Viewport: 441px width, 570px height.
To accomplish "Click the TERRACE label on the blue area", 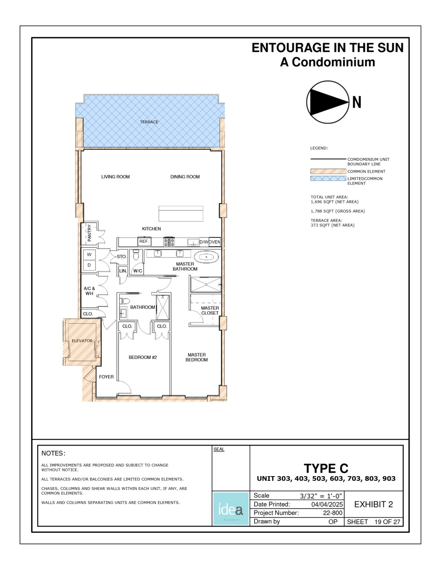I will (x=149, y=122).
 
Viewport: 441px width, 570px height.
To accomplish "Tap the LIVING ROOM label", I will (x=116, y=177).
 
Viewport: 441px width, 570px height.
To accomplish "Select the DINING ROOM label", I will (x=185, y=177).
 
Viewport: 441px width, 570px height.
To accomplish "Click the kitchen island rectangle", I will (x=181, y=214).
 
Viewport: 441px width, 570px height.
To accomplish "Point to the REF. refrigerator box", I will (x=144, y=242).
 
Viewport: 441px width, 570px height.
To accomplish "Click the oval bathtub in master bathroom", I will (x=207, y=257).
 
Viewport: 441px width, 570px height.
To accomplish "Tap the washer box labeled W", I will (x=89, y=255).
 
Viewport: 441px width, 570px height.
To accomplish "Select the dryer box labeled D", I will (x=89, y=265).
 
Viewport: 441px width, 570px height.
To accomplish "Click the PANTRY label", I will (x=89, y=233).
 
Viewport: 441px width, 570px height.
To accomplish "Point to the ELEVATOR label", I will (x=82, y=341).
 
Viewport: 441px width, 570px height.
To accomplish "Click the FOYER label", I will (x=106, y=377).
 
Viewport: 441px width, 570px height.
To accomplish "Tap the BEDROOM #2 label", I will (x=143, y=357).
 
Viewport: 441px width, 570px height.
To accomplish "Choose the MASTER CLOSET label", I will (x=210, y=311).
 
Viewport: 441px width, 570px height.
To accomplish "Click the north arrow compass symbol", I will (x=328, y=102).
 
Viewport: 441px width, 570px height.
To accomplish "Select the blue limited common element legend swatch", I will (x=328, y=178).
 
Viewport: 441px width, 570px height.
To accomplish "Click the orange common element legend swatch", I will (x=328, y=171).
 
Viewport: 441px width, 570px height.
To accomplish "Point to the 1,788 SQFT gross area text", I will (x=338, y=211).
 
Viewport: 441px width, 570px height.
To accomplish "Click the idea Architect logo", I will (x=231, y=508).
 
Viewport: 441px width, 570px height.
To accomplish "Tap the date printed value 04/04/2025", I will (x=327, y=505).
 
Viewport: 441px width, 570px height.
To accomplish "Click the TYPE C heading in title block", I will (x=326, y=468).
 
